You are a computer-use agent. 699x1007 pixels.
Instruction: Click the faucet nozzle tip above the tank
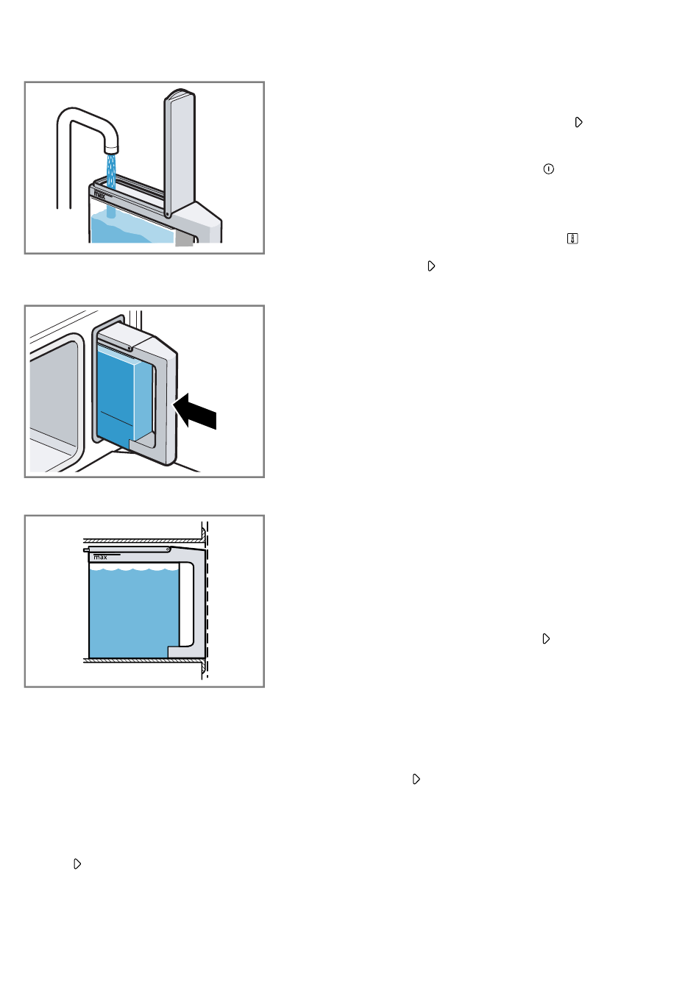click(111, 149)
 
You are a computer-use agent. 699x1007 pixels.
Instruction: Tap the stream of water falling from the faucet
click(110, 185)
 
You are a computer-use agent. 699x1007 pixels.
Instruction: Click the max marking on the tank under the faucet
click(99, 195)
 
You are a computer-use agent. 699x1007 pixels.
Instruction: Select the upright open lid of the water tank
click(180, 152)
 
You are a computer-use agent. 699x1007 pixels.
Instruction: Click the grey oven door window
click(54, 400)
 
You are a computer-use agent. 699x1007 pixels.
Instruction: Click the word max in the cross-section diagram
click(100, 557)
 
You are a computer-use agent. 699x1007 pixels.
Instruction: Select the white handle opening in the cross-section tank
click(186, 604)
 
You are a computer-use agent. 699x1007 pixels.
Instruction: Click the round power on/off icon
click(548, 169)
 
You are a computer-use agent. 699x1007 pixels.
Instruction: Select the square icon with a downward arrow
click(572, 238)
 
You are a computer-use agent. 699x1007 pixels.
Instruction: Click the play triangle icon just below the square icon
click(431, 266)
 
